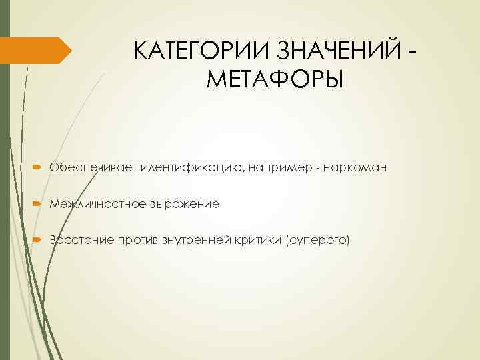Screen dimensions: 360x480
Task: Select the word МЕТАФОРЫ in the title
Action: pyautogui.click(x=275, y=80)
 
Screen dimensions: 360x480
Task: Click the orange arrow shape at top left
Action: pyautogui.click(x=36, y=51)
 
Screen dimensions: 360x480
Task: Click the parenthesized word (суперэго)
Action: pyautogui.click(x=317, y=239)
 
